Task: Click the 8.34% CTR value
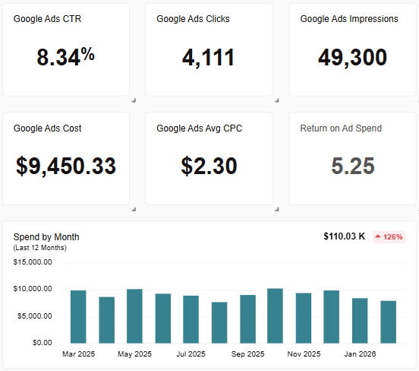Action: [x=66, y=58]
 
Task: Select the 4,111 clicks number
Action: [x=209, y=58]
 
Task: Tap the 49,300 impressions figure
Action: [x=352, y=58]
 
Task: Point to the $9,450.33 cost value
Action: [x=66, y=166]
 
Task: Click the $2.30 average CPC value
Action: [x=209, y=166]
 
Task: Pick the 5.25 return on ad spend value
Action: [x=352, y=166]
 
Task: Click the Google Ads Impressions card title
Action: [x=349, y=19]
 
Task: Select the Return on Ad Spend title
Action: [x=341, y=128]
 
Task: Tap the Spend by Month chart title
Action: [x=46, y=237]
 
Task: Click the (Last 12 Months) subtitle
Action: [x=40, y=248]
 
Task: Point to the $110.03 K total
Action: [x=344, y=237]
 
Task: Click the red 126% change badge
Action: [x=389, y=237]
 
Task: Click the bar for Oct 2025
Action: [x=276, y=316]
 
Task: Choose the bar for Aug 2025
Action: [x=219, y=322]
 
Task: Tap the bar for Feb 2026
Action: [x=388, y=322]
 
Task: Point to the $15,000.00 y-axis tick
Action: [x=33, y=262]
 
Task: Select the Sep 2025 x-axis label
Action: [x=247, y=354]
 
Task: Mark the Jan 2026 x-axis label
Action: [x=360, y=354]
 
